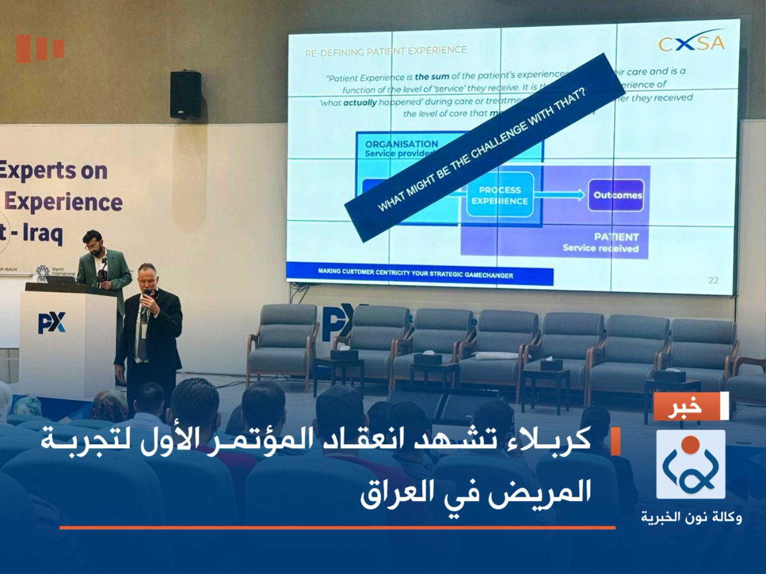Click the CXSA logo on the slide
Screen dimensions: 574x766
click(x=691, y=42)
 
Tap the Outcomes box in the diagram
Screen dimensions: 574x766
click(x=616, y=195)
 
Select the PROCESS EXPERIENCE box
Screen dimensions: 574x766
click(x=500, y=195)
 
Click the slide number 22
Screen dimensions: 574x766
click(x=713, y=280)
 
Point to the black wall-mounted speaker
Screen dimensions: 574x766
click(x=185, y=95)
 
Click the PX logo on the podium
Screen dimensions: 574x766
click(x=51, y=323)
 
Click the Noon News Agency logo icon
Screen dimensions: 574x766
click(x=691, y=464)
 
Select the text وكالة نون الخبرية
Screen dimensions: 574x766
click(x=691, y=517)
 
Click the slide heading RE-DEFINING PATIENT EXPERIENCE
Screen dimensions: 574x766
click(x=385, y=51)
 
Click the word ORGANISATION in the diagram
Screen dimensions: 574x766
click(x=402, y=144)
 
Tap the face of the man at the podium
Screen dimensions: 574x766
click(x=93, y=242)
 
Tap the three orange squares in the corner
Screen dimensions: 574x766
click(x=39, y=49)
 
